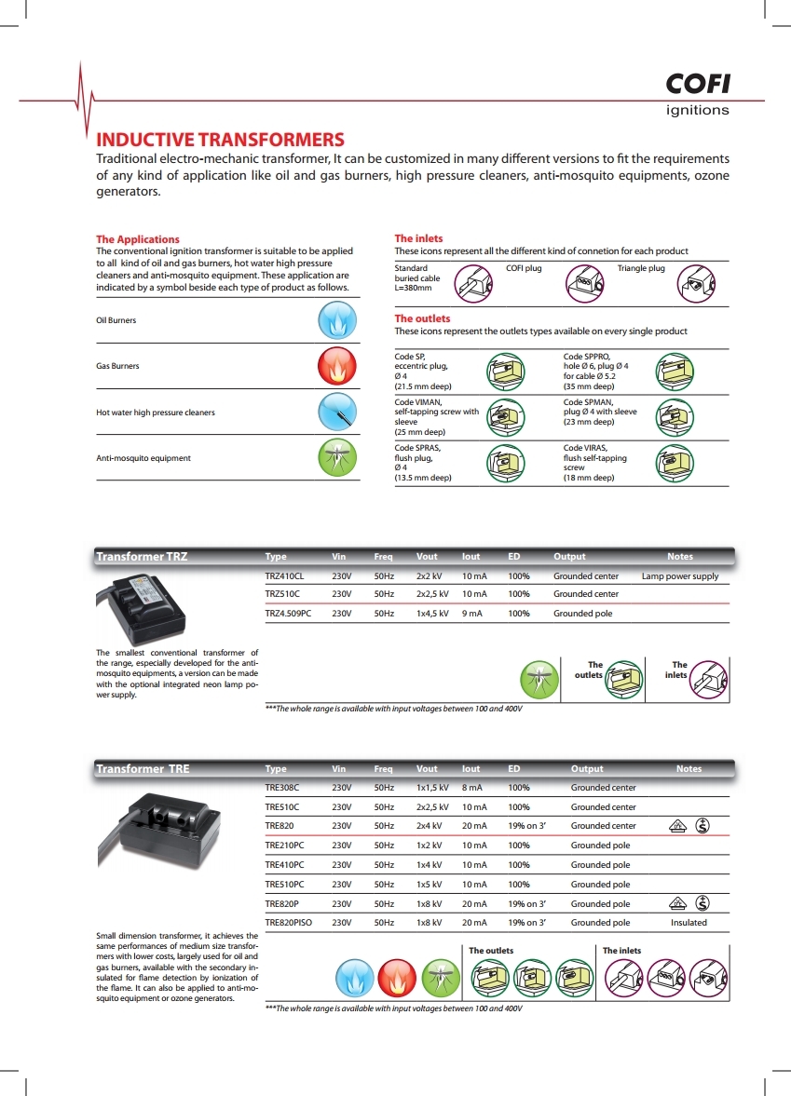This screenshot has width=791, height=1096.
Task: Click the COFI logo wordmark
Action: [698, 85]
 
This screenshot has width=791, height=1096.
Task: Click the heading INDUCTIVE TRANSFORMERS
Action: [221, 140]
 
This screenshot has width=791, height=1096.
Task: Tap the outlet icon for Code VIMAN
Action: [504, 416]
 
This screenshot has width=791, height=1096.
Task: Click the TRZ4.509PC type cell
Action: [288, 614]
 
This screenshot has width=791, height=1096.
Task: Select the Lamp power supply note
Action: [680, 576]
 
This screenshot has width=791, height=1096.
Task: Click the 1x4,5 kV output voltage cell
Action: [432, 614]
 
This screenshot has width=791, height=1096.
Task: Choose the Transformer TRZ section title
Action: [142, 557]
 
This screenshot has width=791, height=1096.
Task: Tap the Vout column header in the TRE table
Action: [427, 769]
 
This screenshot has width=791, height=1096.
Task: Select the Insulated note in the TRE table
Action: [689, 923]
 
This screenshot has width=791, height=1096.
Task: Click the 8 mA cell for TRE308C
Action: [471, 788]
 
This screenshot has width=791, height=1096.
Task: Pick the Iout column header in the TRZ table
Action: [471, 557]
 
